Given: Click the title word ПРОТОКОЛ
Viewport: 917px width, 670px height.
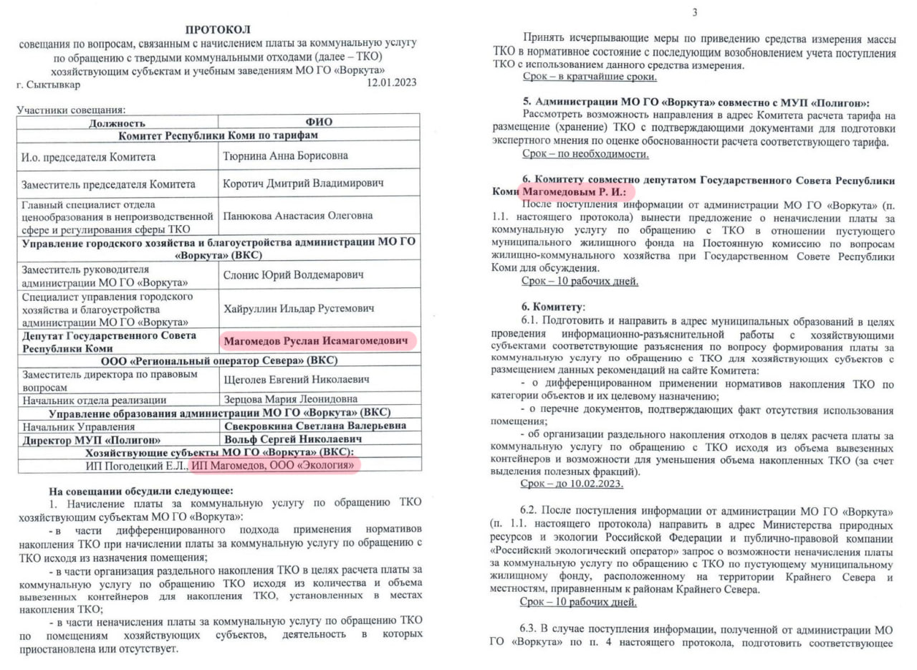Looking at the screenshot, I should coord(218,29).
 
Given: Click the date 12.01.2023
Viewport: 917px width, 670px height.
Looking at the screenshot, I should coord(391,84).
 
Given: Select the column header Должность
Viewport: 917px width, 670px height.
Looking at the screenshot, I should coord(117,123).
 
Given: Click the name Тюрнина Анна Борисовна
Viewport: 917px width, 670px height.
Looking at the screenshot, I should coord(287,155).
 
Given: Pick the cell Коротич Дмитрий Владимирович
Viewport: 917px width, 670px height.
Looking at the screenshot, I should coord(303,183).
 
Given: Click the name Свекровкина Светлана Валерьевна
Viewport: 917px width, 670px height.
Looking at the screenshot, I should coord(316,426).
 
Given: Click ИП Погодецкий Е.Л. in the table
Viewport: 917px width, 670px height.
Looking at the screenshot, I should coord(135,466).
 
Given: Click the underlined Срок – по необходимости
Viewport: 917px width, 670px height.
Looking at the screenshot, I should coord(586,154).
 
